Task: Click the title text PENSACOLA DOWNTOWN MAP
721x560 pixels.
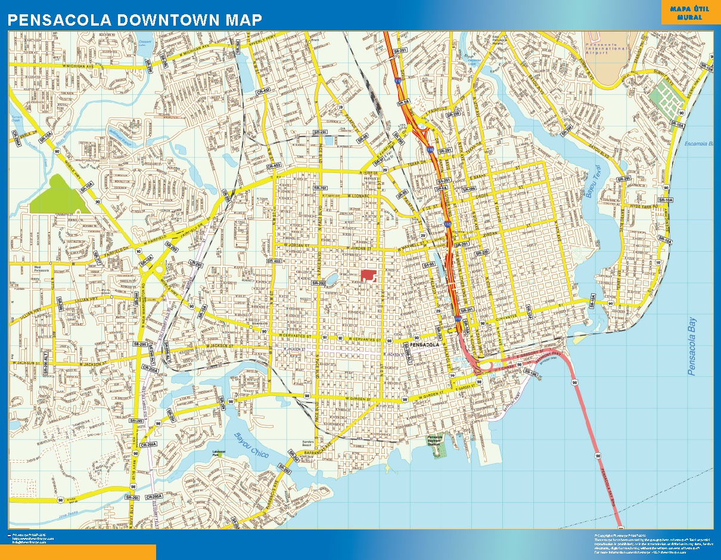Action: pos(135,20)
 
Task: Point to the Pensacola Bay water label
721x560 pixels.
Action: pos(692,346)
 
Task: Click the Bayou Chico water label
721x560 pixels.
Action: pos(251,446)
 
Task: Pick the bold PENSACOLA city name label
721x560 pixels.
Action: pos(425,345)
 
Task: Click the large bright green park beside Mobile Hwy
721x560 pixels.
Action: pos(57,195)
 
